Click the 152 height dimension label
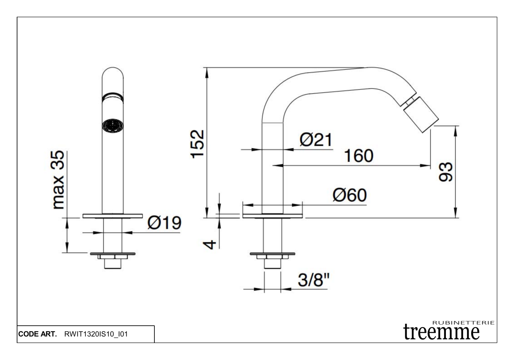click(198, 144)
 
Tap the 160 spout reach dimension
click(358, 156)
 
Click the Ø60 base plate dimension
click(350, 195)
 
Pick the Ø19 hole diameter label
click(164, 223)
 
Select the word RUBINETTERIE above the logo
click(464, 323)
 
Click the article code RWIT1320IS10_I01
click(96, 334)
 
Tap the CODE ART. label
click(38, 334)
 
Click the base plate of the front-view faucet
click(112, 216)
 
